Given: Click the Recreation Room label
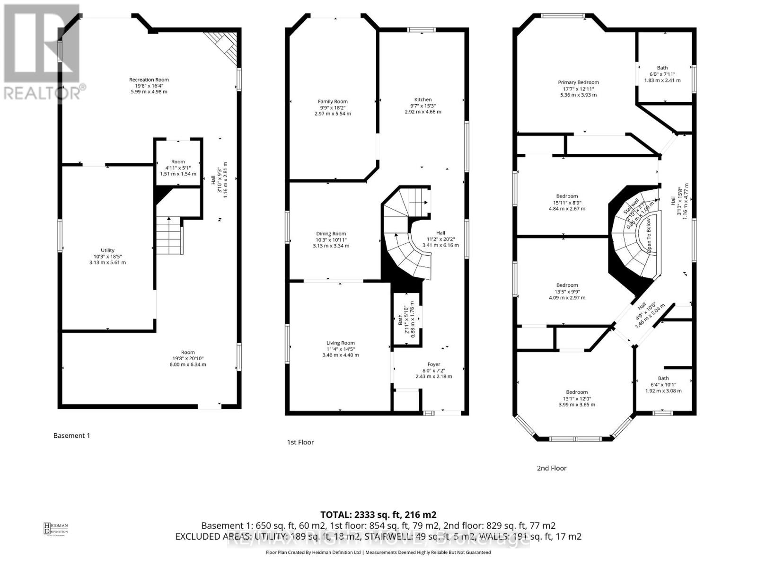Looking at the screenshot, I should point(149,80).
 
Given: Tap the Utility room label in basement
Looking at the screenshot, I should point(107,250).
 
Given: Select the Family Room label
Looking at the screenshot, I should point(333,101).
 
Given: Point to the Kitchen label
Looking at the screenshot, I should point(423,100).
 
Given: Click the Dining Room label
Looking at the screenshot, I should point(331,234).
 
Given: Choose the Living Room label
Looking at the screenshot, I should point(340,343).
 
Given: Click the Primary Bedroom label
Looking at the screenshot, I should point(578,82).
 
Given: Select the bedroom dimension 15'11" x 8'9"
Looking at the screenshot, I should point(567,203).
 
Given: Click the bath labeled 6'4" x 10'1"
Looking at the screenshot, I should point(663,384).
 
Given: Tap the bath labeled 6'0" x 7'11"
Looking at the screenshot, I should point(662,74).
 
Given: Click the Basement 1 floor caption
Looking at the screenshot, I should point(71,435).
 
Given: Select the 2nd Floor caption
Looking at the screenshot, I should point(551,468).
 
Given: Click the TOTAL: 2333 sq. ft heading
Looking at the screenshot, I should point(378,515).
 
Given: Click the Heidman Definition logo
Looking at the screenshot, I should point(56,528).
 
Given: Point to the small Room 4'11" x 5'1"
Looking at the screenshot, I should point(178,168).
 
